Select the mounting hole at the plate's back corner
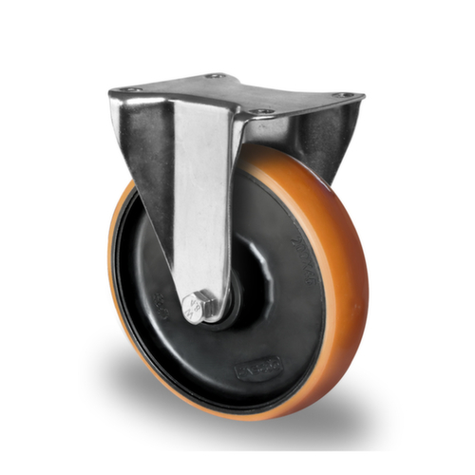[x=216, y=75]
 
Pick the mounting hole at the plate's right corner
[x=344, y=95]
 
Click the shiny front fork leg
[x=199, y=199]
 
